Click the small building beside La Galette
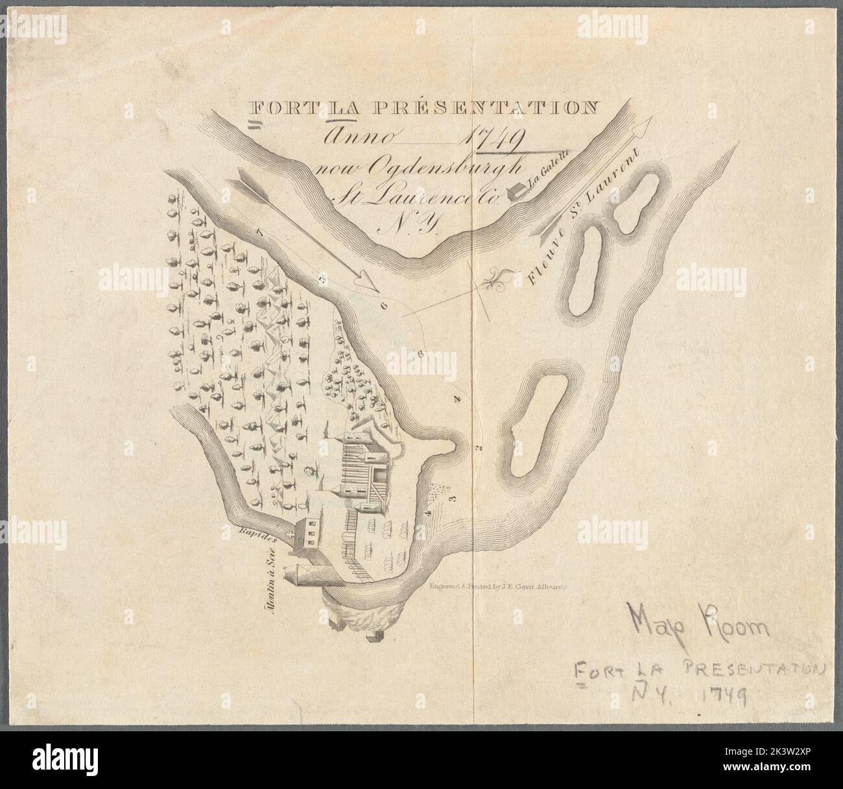516,190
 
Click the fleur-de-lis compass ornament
500,279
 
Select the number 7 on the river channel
259,231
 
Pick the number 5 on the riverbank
322,279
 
